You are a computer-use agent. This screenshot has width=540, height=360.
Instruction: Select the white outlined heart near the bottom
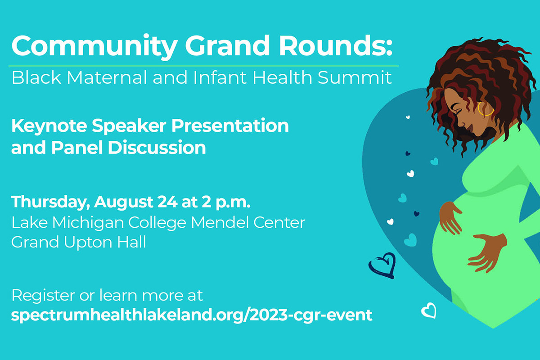pos(428,310)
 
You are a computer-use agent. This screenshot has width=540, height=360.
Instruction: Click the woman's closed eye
pos(456,109)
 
